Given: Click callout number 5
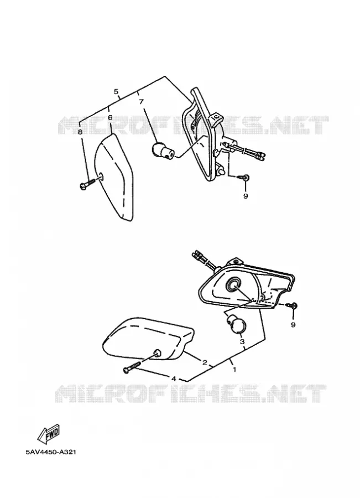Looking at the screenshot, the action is [x=116, y=92].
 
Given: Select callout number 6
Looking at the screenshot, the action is [x=110, y=117].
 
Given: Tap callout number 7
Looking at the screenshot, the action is [x=141, y=102].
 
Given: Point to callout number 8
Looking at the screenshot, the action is [x=80, y=132].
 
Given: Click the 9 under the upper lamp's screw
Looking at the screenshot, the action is [x=246, y=196].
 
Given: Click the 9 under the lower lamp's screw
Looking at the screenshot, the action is [x=293, y=325].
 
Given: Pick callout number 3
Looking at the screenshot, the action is [x=242, y=342].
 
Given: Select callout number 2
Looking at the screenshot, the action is [x=205, y=362].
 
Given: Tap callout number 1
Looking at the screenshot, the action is [x=234, y=370].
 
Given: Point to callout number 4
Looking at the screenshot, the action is [x=174, y=378].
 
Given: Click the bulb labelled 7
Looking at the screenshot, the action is [x=162, y=151].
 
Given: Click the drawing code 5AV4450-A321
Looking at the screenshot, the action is [x=51, y=452].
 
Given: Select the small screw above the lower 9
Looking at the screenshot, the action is [x=292, y=305].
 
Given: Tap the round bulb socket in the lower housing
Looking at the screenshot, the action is [x=233, y=285].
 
